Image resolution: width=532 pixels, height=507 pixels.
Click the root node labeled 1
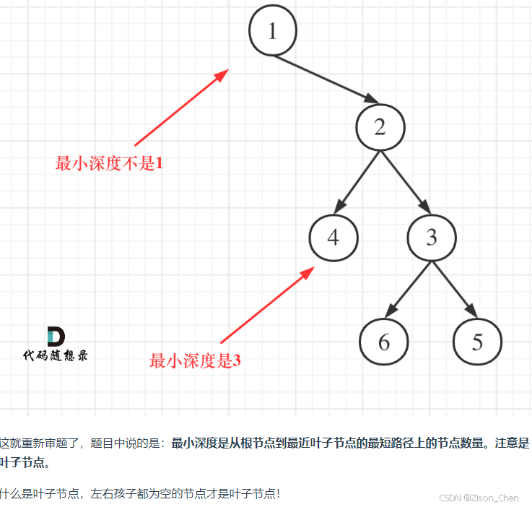[x=272, y=31]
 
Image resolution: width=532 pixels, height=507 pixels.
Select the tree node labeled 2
[x=380, y=127]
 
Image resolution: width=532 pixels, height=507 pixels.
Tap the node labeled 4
[x=333, y=237]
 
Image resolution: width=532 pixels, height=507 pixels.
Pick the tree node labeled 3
[x=432, y=237]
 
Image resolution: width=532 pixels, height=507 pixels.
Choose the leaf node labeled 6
[x=383, y=341]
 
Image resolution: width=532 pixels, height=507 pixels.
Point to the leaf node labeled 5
[x=477, y=341]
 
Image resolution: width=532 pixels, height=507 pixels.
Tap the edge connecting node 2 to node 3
[x=406, y=181]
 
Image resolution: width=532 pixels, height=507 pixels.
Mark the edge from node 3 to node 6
[x=408, y=289]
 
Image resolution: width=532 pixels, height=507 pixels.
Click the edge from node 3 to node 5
[x=455, y=289]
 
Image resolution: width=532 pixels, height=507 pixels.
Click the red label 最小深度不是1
[x=109, y=164]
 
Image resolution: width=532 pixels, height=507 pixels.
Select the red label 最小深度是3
[x=195, y=360]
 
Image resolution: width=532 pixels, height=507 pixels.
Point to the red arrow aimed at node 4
[x=267, y=305]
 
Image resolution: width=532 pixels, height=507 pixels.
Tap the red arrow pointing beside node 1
[x=180, y=107]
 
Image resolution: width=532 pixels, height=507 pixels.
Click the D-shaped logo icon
[x=56, y=337]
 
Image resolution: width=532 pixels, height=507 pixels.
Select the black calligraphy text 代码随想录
[x=56, y=355]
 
